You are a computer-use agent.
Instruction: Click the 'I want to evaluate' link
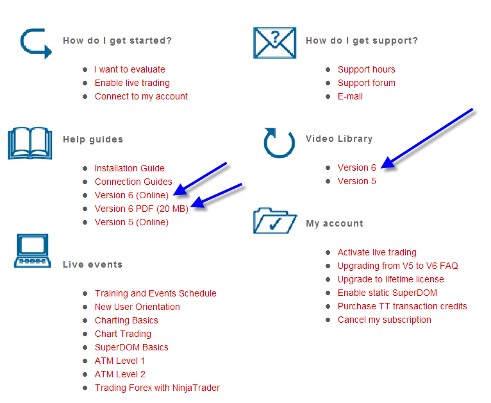tap(129, 69)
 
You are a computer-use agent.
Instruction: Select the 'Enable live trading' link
tap(132, 83)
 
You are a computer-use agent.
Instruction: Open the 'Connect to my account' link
tap(141, 96)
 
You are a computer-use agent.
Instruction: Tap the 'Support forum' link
tap(366, 83)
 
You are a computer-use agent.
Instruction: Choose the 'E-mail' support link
tap(350, 96)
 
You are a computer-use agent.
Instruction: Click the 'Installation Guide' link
tap(129, 168)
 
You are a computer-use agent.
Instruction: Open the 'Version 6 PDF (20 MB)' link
tap(141, 209)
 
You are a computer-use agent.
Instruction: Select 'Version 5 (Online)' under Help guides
tap(131, 222)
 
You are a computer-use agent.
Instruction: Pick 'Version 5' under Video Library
tap(356, 181)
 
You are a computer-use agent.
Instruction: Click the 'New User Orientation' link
tap(137, 307)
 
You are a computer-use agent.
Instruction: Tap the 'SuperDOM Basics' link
tap(131, 347)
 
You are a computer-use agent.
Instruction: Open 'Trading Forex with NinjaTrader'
tap(157, 388)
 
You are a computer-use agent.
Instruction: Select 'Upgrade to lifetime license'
tap(390, 279)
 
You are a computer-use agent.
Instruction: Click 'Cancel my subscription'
tap(384, 320)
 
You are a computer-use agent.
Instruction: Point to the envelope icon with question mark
tap(274, 42)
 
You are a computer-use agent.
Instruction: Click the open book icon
tap(29, 142)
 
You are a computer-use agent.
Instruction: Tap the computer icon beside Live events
tap(32, 250)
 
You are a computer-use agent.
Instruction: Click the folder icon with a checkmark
tap(275, 221)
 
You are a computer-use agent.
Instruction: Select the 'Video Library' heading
tap(338, 139)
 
